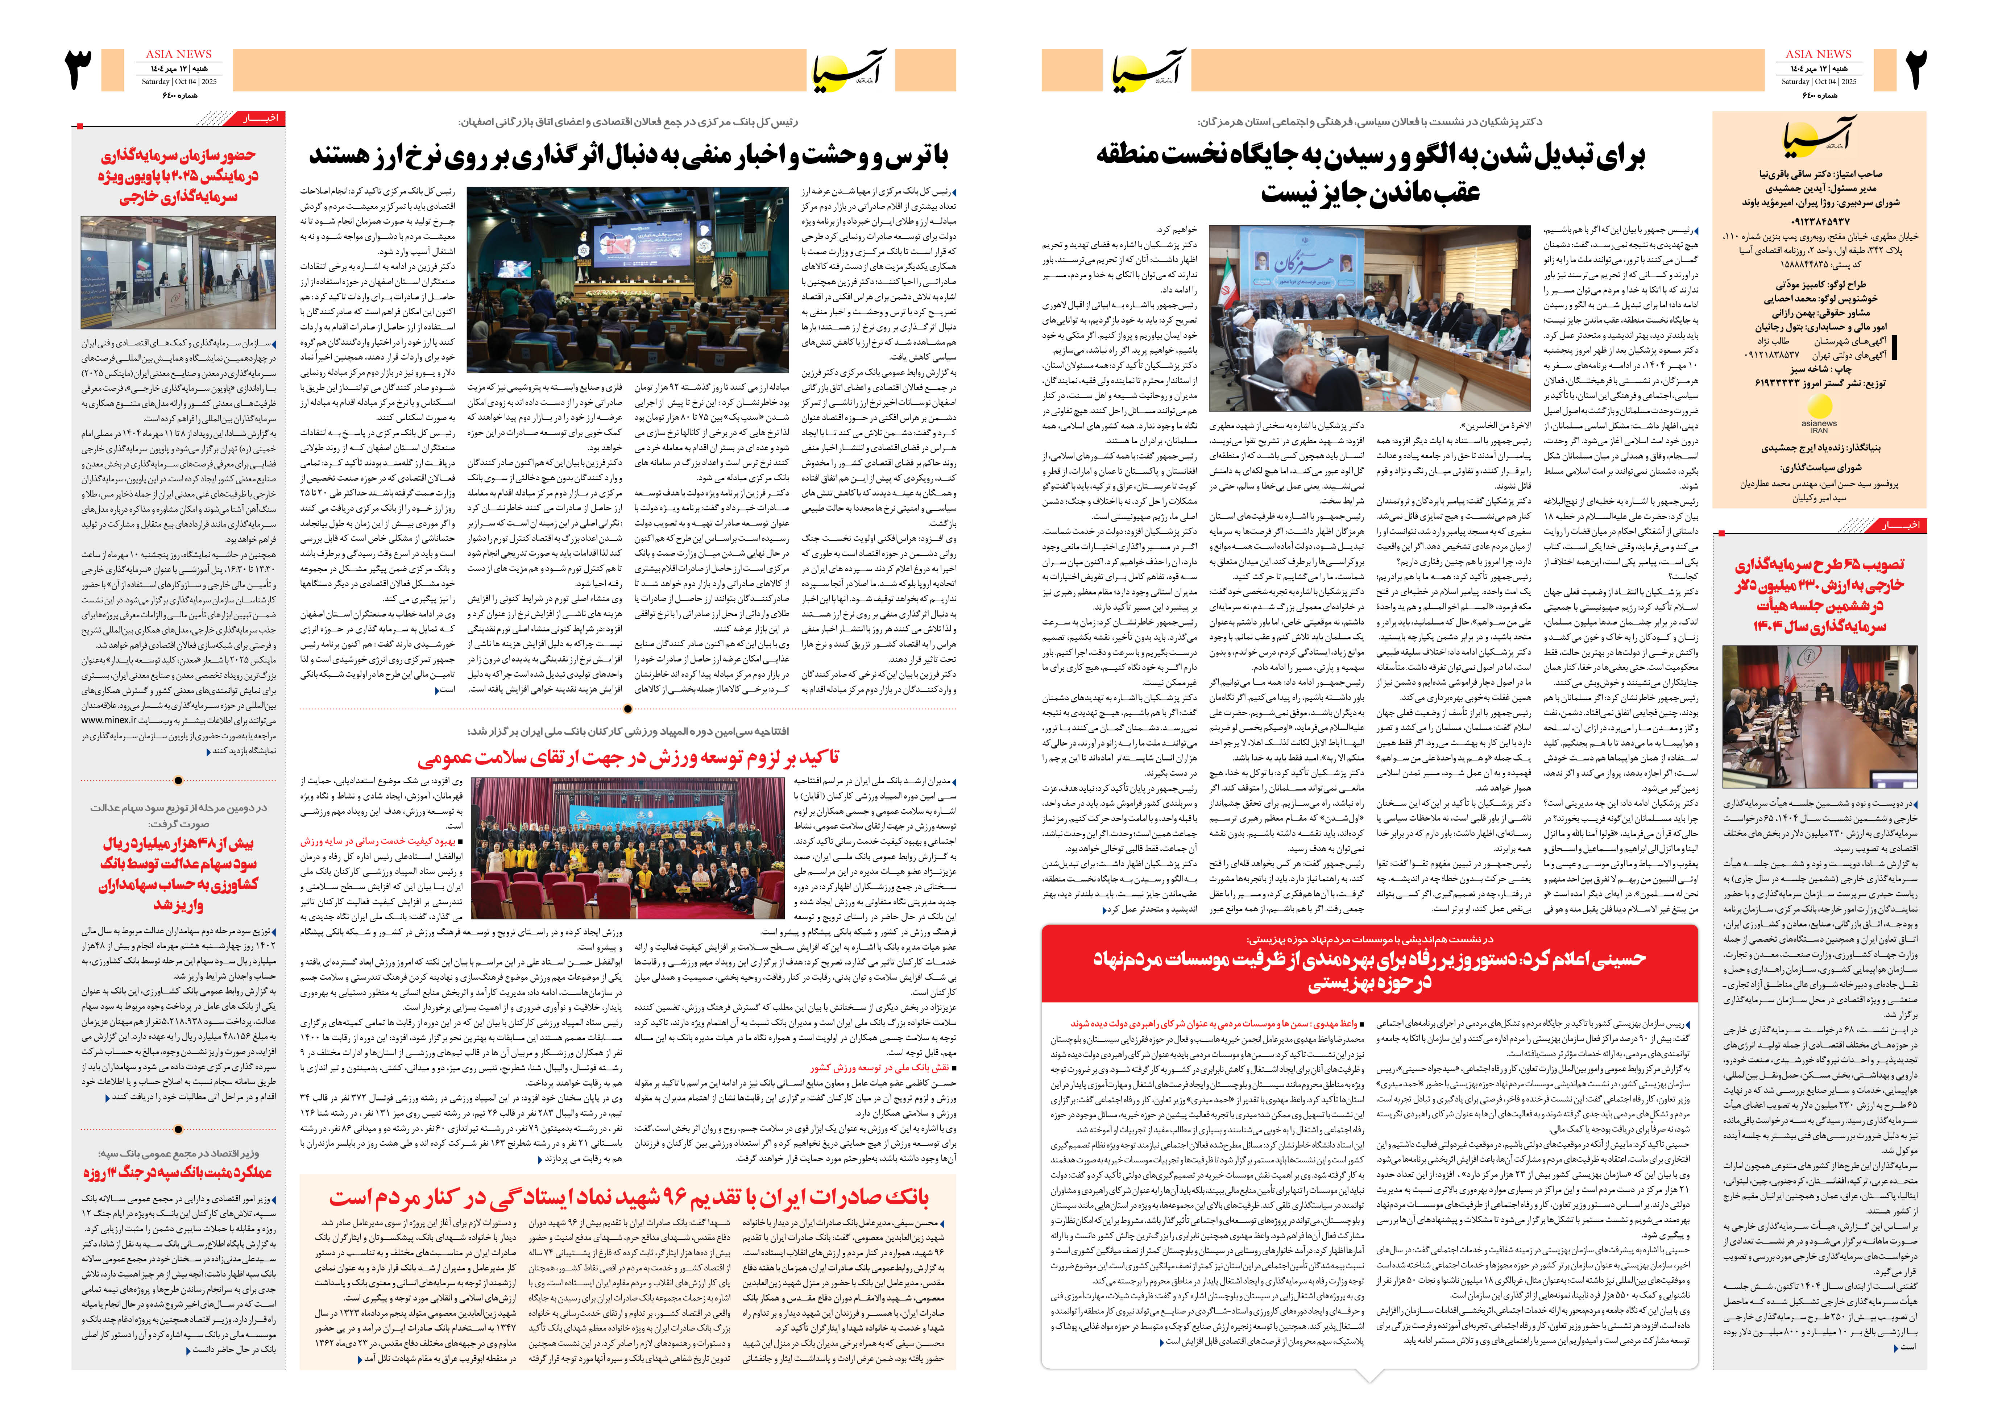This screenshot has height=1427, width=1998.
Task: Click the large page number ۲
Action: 1915,70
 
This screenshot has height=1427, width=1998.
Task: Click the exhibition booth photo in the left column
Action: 178,273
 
